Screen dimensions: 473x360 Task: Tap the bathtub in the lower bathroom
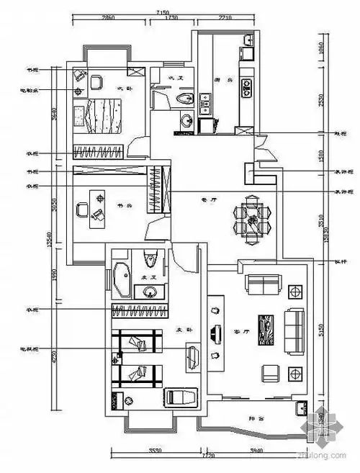tap(122, 279)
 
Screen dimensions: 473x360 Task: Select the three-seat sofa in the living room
tap(293, 330)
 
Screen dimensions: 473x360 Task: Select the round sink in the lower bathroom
tap(150, 292)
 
